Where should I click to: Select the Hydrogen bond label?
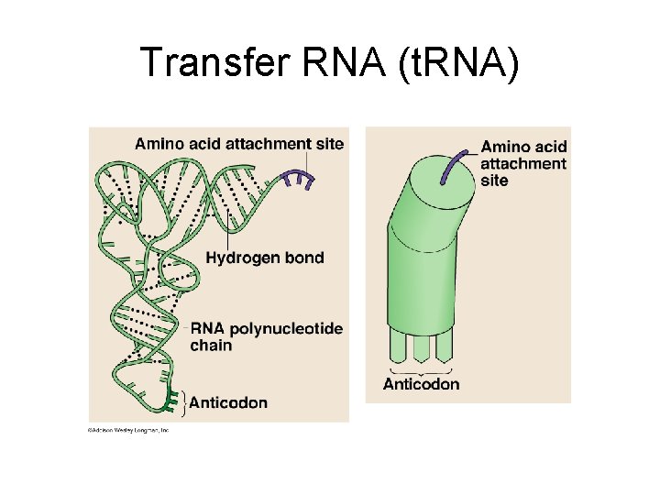[265, 258]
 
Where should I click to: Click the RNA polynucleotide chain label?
[266, 336]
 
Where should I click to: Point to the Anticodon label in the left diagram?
[228, 402]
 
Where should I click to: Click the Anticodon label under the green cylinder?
[421, 383]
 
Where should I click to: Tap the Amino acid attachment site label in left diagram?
[239, 143]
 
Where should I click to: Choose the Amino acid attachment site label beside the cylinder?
[523, 163]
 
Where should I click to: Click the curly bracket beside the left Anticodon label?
[186, 401]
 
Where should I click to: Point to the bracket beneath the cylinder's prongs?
[421, 369]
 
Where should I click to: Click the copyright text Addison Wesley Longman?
[128, 429]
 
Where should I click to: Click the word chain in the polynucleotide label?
[211, 346]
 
